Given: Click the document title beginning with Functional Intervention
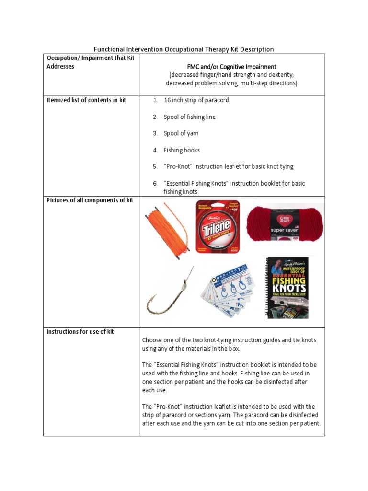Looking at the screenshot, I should point(184,49).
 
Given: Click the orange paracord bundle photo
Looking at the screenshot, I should point(168,229).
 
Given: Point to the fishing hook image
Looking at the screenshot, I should point(170,292).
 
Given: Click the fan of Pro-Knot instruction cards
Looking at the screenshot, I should point(229,292).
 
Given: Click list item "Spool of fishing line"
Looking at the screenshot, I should point(189,117).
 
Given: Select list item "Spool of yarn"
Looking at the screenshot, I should point(181,133).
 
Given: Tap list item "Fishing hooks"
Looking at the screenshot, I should point(182,150).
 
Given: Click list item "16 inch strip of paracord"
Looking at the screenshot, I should point(196,100).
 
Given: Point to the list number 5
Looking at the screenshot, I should point(155,167).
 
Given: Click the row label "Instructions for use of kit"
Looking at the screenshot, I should point(80,332).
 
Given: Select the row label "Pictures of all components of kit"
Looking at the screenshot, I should point(90,200).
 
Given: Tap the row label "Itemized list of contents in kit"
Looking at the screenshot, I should point(86,100).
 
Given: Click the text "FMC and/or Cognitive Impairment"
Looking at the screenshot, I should point(231,67).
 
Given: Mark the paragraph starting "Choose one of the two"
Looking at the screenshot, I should point(229,344).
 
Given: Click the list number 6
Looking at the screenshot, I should point(155,183).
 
